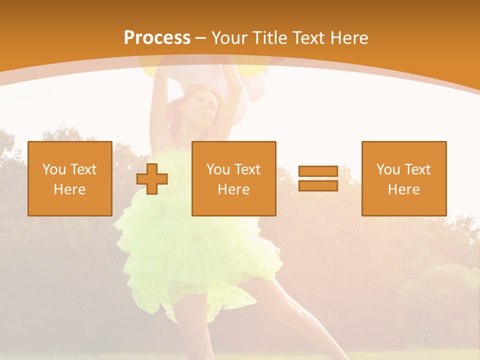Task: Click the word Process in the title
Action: pos(157,38)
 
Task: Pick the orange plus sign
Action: pos(152,179)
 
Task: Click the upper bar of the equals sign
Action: pos(318,171)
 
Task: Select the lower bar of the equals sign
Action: pos(318,185)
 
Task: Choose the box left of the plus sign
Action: pos(69,178)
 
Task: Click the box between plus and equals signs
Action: pos(233,178)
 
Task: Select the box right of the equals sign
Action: pos(403,178)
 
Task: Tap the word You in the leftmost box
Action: pos(54,169)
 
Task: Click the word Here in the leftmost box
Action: pos(69,189)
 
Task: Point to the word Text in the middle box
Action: pos(247,169)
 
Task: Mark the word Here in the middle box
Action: pos(233,189)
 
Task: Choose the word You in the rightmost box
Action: pos(388,169)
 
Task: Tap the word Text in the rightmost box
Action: pos(417,169)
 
